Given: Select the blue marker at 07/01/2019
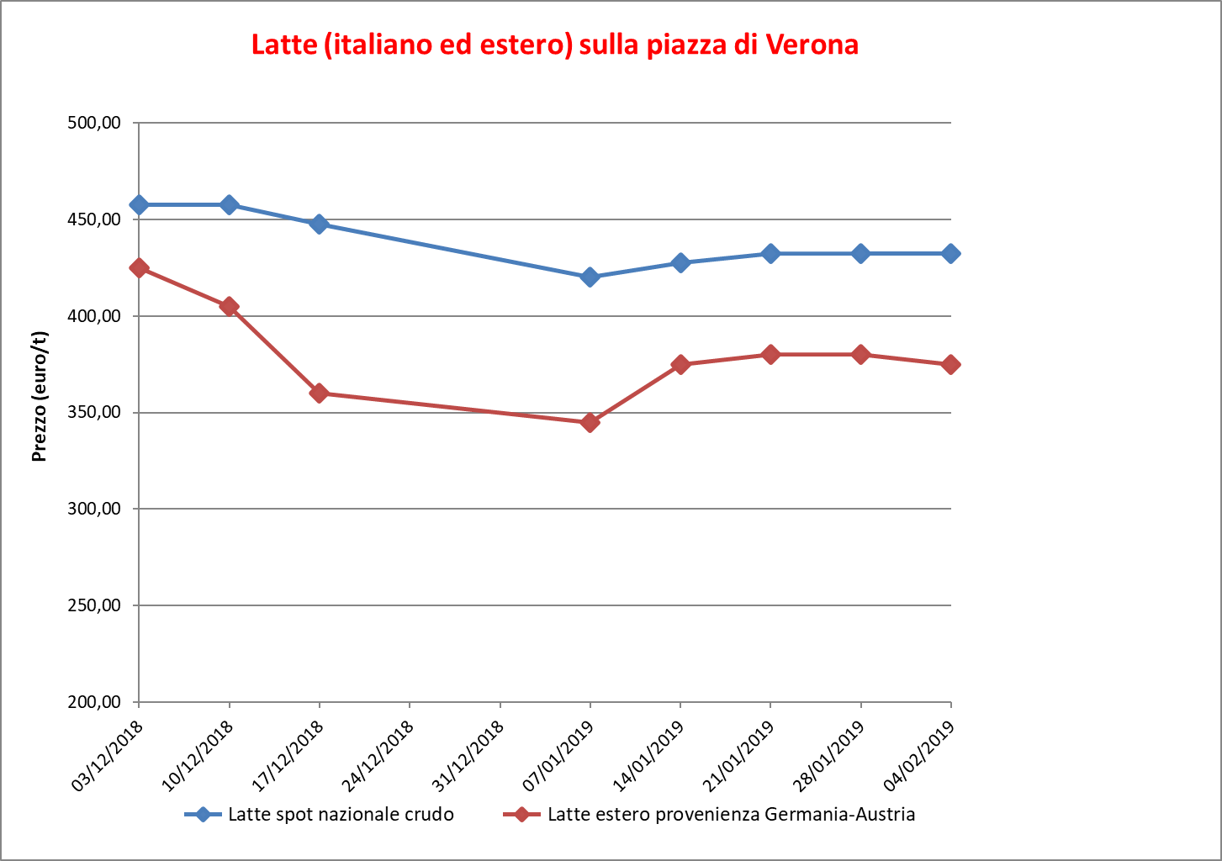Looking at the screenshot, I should [x=590, y=277].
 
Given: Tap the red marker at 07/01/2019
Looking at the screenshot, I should [x=590, y=422].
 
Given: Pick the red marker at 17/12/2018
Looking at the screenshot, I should [x=319, y=393].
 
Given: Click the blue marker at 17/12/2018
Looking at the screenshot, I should [x=319, y=224].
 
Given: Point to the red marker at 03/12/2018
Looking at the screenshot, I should [x=139, y=268].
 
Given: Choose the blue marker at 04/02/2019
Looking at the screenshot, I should [x=950, y=254].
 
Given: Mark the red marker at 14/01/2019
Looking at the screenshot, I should [x=680, y=364].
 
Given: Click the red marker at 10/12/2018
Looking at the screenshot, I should [x=229, y=306].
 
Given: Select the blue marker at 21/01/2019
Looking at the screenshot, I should [x=770, y=254].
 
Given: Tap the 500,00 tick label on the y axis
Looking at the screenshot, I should [x=93, y=123].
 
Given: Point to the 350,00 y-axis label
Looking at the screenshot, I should [x=93, y=413].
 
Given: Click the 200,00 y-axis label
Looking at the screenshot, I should [x=93, y=702].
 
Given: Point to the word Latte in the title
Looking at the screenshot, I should [x=283, y=45].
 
